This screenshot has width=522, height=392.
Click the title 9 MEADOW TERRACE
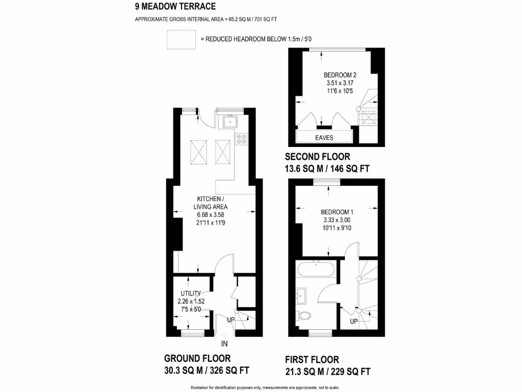pyautogui.click(x=175, y=7)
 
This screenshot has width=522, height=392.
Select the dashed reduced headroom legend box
pyautogui.click(x=181, y=39)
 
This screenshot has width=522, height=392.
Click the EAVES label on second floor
pyautogui.click(x=324, y=138)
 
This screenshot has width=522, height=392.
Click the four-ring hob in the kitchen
pyautogui.click(x=242, y=138)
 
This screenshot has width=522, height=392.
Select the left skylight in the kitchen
pyautogui.click(x=198, y=150)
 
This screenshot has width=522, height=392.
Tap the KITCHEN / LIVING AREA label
pyautogui.click(x=210, y=203)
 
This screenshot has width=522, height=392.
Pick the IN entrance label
pyautogui.click(x=224, y=344)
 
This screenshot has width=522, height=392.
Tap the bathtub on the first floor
pyautogui.click(x=317, y=269)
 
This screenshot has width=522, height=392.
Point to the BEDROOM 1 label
pyautogui.click(x=337, y=212)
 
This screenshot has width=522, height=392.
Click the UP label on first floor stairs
pyautogui.click(x=354, y=322)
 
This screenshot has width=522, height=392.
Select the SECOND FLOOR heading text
pyautogui.click(x=317, y=157)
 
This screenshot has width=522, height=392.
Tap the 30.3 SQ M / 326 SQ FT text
pyautogui.click(x=206, y=370)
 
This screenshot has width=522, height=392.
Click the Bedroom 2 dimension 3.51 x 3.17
pyautogui.click(x=340, y=83)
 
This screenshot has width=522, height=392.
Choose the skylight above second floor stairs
pyautogui.click(x=368, y=118)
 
